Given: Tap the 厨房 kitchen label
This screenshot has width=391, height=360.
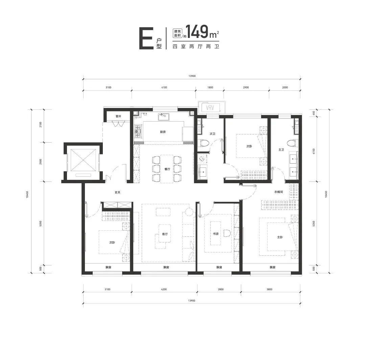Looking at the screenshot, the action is (163, 132).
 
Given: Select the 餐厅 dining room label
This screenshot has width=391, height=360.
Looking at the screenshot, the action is (167, 169).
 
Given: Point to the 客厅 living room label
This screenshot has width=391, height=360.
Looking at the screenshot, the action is (165, 234).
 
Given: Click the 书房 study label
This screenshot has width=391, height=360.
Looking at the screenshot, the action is (216, 234).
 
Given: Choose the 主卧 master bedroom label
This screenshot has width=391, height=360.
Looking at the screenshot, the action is (280, 237).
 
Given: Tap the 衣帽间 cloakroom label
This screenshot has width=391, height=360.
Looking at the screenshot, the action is (279, 192).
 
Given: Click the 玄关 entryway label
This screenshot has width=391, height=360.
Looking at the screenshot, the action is (117, 192).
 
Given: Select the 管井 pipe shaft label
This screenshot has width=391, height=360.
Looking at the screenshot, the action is (118, 117).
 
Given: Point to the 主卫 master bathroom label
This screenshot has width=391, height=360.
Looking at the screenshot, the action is (281, 150).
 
